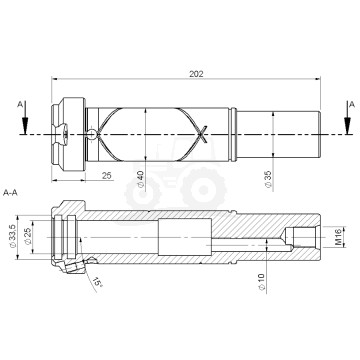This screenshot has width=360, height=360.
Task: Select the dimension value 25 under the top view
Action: tap(106, 175)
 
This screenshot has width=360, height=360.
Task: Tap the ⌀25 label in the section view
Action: tap(29, 241)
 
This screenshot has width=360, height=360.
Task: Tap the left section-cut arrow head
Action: tap(23, 126)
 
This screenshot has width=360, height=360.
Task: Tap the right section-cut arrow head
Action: tap(348, 126)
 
